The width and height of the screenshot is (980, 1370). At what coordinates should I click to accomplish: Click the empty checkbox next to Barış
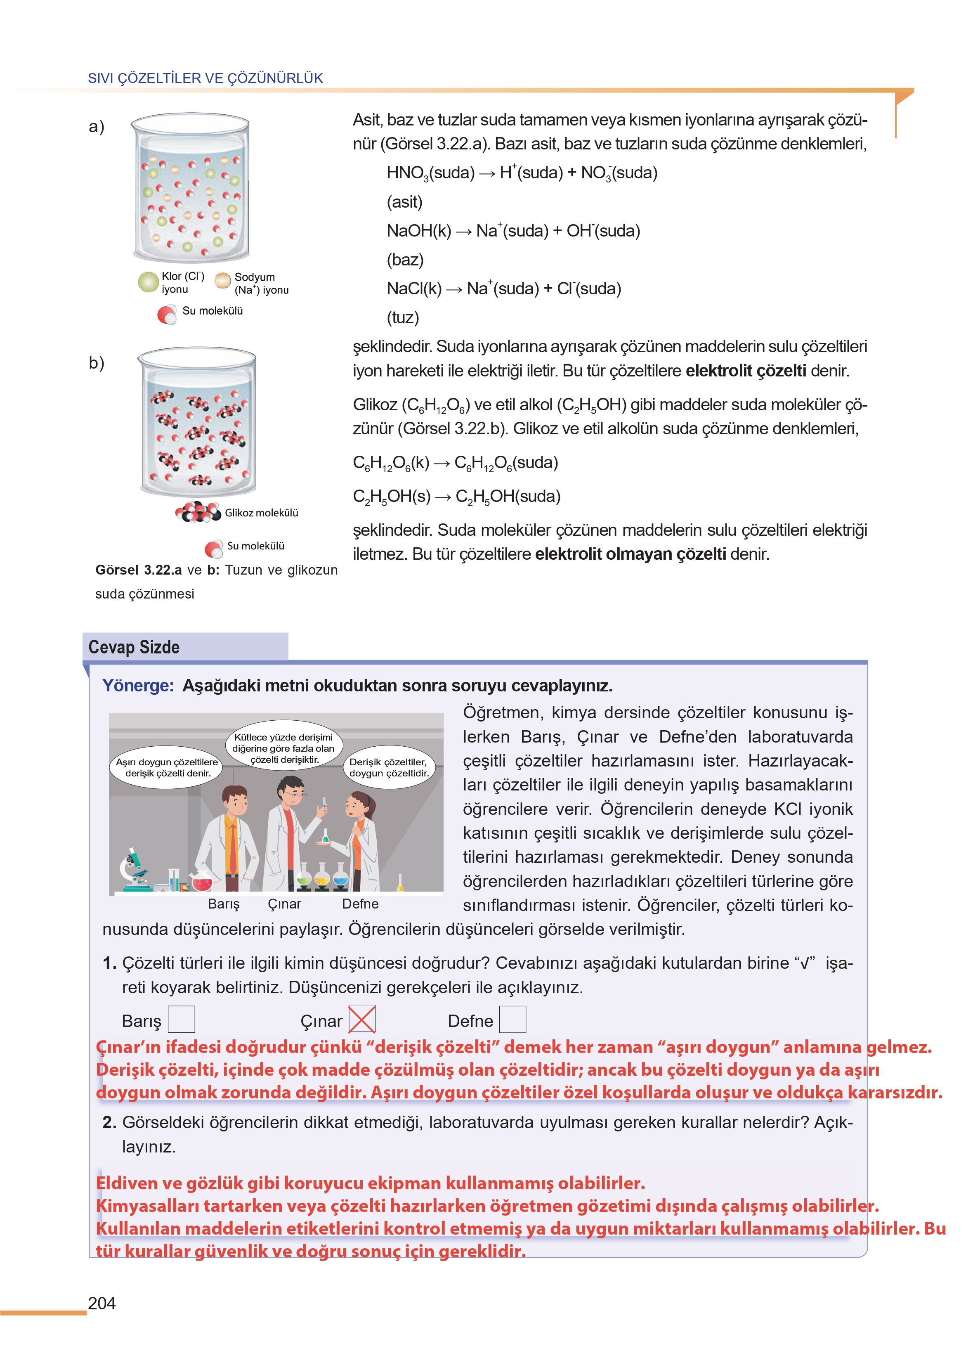181,1020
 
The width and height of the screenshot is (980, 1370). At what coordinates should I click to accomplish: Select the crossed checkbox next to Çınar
362,1020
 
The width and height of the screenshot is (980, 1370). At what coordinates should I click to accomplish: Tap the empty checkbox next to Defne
512,1020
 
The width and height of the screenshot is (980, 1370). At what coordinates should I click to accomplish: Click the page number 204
102,1303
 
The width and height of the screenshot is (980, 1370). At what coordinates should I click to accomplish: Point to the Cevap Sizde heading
134,647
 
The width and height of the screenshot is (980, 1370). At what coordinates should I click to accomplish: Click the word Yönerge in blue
137,686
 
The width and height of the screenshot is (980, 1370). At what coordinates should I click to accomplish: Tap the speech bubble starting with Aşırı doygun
167,768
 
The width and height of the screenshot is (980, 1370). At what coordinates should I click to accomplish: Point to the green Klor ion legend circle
148,282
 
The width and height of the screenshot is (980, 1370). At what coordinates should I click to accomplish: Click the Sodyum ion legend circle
223,281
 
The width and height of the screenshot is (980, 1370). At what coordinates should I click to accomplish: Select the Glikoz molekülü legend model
198,512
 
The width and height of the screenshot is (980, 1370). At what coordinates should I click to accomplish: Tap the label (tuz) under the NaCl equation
402,317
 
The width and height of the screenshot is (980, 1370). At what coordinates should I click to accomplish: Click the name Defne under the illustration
360,904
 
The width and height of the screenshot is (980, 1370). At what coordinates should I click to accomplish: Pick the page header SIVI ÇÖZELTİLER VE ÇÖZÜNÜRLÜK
205,78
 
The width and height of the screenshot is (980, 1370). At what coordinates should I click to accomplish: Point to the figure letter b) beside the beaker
97,363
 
